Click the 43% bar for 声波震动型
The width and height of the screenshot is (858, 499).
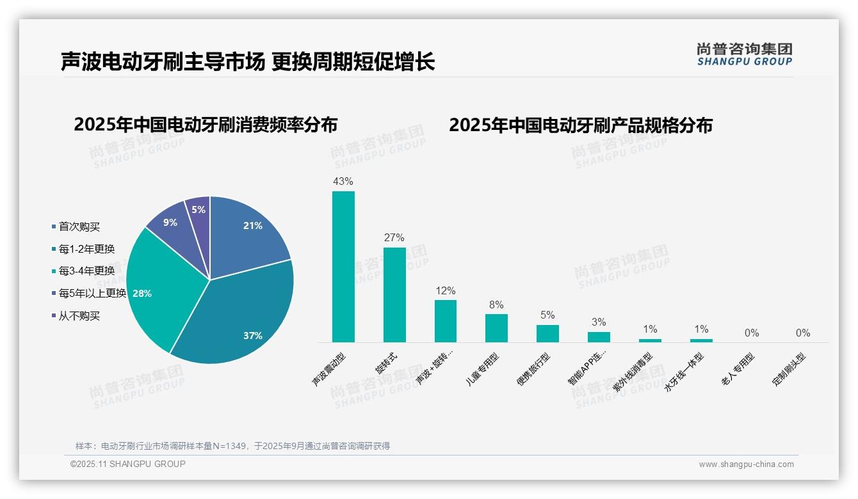coord(343,266)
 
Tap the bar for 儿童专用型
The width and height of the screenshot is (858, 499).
coord(496,328)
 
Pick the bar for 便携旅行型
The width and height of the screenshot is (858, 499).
coord(547,333)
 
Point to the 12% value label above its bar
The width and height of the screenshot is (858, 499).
coord(445,290)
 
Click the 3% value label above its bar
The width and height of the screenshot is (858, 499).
coord(599,322)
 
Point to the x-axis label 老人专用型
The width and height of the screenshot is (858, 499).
coord(738,369)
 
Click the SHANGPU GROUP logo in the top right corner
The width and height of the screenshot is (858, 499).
coord(745,54)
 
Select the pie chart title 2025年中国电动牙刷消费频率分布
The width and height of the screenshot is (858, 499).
coord(206,124)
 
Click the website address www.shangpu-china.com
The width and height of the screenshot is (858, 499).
coord(746,464)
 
